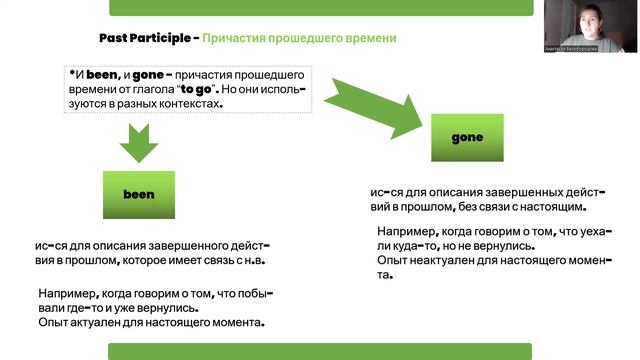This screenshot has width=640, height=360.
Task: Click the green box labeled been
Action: click(139, 194)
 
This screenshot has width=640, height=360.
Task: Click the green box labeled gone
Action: click(467, 137)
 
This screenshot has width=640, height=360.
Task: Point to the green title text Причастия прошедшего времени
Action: click(299, 38)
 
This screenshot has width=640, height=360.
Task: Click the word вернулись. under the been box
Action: click(241, 308)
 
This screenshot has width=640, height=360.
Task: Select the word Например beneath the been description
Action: click(69, 294)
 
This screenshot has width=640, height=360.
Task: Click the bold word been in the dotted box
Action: click(100, 74)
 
